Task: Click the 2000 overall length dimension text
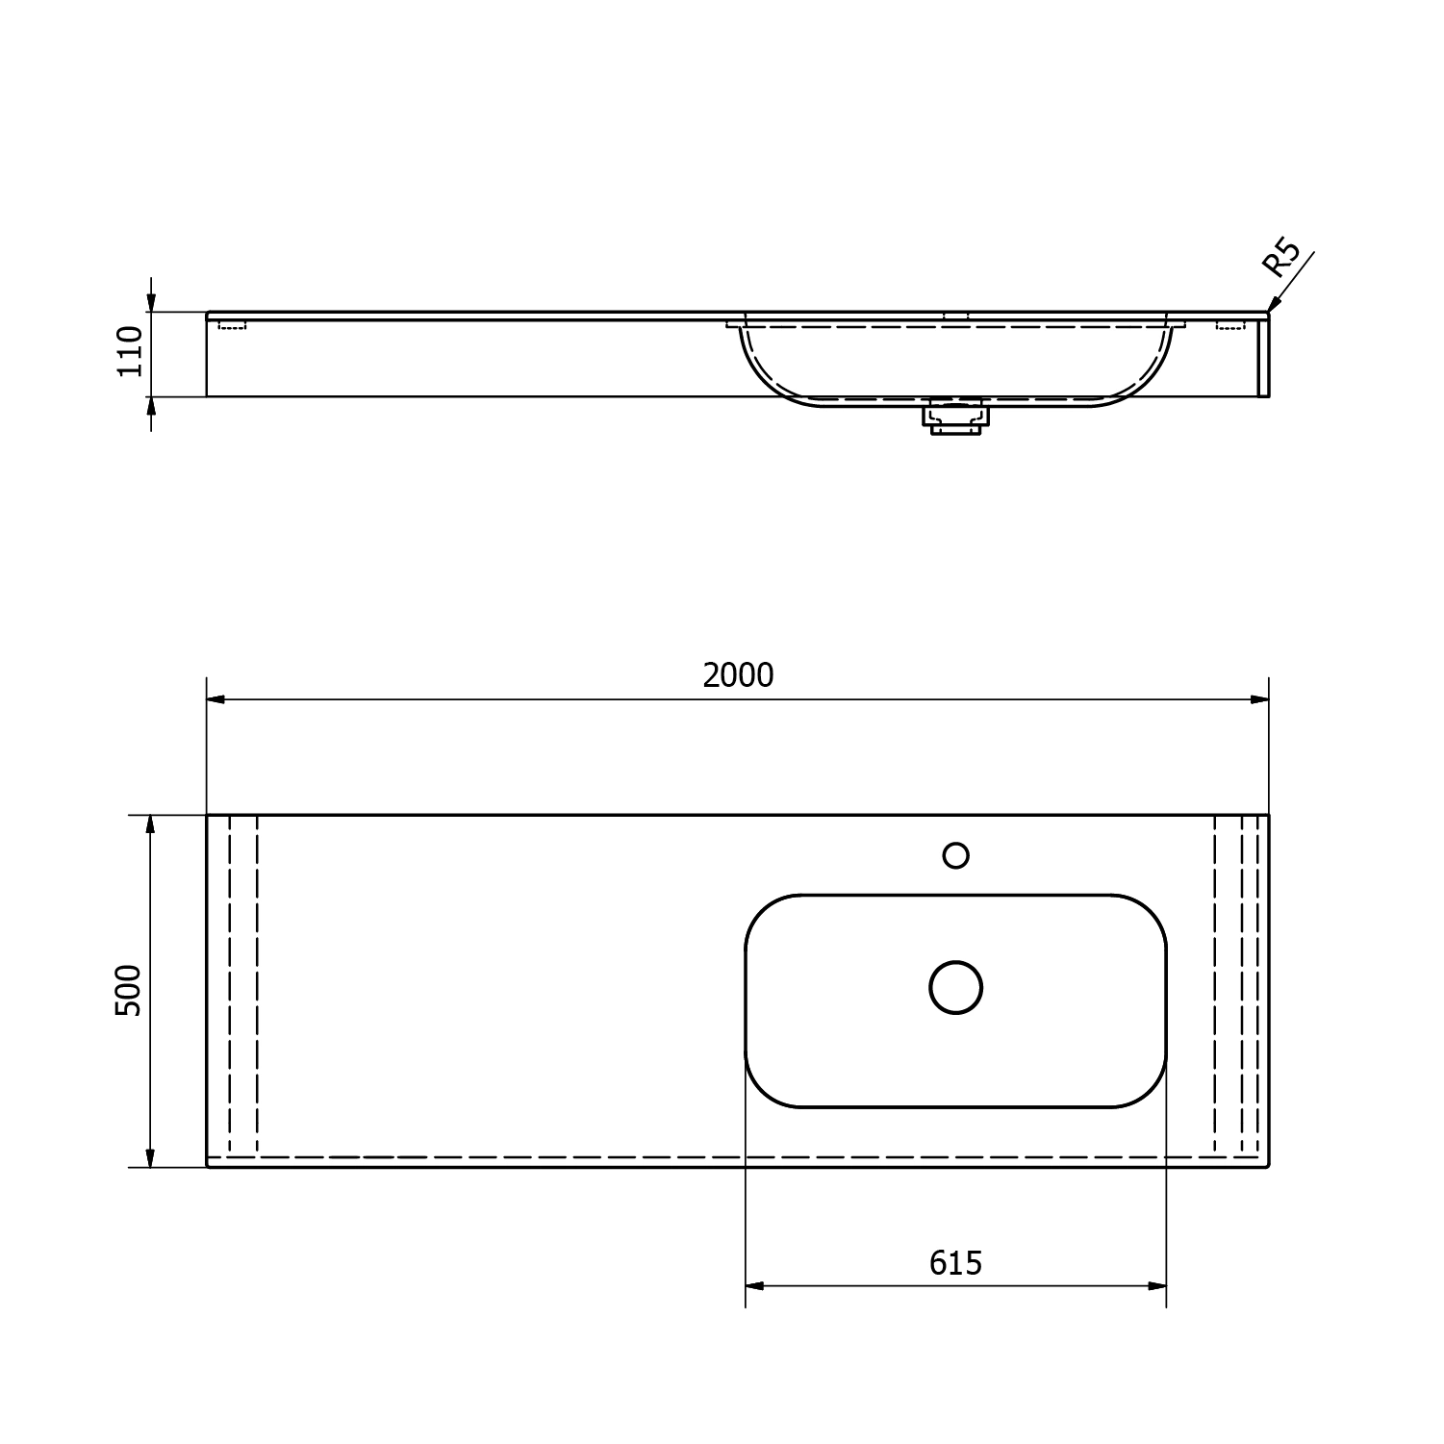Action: click(x=738, y=675)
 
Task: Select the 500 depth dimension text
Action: click(x=128, y=990)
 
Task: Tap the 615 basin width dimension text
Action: click(x=955, y=1262)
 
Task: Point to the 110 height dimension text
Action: click(x=130, y=351)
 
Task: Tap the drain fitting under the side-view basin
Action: click(x=954, y=418)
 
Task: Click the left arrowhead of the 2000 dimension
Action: click(x=216, y=699)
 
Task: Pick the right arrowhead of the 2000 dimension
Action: click(x=1259, y=699)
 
